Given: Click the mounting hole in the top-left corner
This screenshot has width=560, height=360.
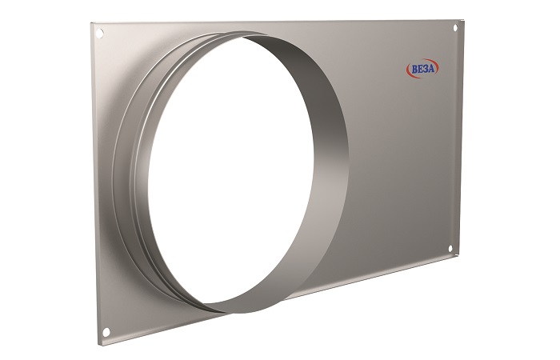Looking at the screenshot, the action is [x=100, y=34].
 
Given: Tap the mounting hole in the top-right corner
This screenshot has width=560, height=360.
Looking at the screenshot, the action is [x=455, y=27].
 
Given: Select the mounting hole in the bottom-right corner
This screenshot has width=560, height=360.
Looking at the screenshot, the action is [x=450, y=249].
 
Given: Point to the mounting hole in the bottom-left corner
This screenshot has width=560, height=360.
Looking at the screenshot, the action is [x=106, y=332].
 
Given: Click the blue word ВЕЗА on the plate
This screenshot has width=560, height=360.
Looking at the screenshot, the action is [x=423, y=69].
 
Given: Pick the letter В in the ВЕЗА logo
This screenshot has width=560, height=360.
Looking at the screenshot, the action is [x=414, y=70].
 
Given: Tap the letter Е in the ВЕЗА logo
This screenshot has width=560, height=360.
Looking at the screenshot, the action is [x=420, y=70].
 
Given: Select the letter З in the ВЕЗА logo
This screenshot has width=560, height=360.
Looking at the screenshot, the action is [x=426, y=69].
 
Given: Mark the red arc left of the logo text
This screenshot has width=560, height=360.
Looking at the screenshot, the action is [x=409, y=70].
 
